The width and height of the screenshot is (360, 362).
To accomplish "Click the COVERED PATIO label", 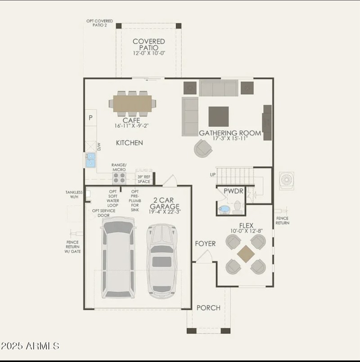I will (x=148, y=44).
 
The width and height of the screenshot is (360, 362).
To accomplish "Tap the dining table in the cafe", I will (x=132, y=104).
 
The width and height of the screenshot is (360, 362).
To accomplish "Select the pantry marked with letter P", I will (x=90, y=118).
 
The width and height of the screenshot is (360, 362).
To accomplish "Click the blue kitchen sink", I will (x=90, y=160).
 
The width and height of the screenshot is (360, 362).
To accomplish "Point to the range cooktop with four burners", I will (x=119, y=178).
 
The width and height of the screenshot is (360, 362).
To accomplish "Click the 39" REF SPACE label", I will (x=144, y=179).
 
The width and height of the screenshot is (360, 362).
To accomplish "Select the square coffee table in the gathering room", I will (x=218, y=116).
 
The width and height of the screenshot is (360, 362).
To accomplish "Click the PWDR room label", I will (x=233, y=191).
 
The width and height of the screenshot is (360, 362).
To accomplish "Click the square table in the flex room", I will (x=246, y=254).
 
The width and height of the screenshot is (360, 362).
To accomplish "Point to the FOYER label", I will (x=205, y=244).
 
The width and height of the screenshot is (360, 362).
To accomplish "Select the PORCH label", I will (x=208, y=308).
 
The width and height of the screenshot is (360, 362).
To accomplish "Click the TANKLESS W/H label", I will (x=74, y=195).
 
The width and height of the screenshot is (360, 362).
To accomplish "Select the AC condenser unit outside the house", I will (x=287, y=180).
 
